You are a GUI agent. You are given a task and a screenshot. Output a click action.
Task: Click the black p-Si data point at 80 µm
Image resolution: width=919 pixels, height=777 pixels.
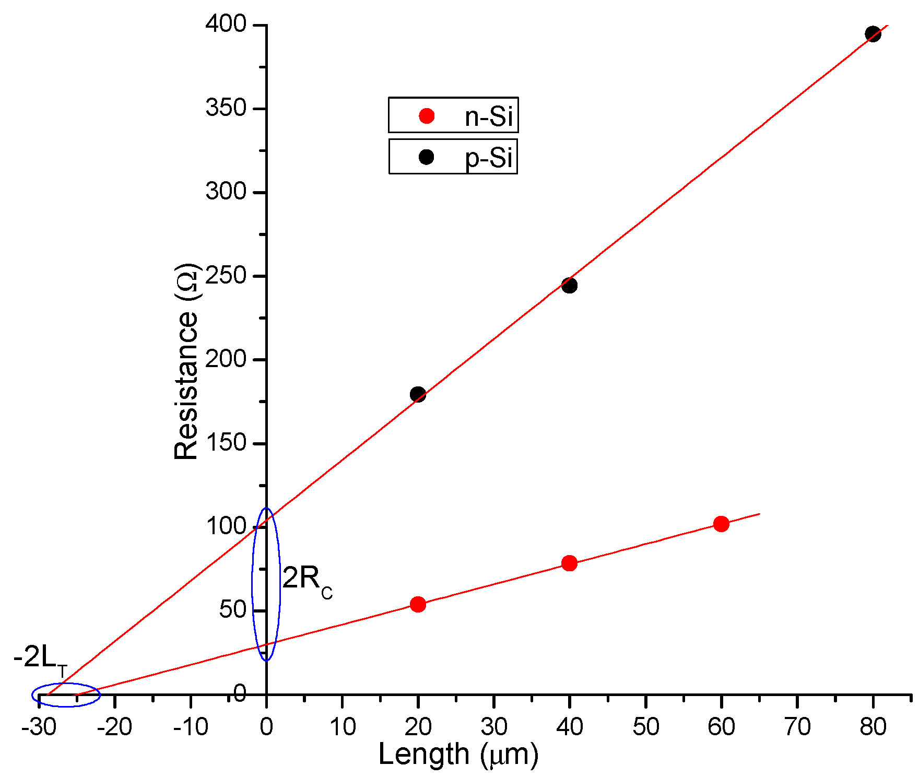(x=873, y=34)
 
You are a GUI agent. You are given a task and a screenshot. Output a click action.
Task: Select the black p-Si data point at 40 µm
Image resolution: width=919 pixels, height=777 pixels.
(x=569, y=286)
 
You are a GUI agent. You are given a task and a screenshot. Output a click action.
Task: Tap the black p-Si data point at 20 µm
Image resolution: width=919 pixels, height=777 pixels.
(x=418, y=394)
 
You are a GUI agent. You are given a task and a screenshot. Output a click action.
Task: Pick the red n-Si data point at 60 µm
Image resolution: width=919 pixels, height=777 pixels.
(x=721, y=524)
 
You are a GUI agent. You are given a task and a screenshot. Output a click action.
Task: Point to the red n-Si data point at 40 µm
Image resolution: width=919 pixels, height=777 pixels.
(x=569, y=563)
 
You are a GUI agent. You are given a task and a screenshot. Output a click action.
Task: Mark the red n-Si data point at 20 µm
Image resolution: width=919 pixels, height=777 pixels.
(x=418, y=604)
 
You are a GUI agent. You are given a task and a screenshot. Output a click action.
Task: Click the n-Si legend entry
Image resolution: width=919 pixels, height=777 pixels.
(x=453, y=115)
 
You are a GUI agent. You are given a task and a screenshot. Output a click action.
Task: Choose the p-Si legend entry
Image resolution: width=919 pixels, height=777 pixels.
(x=453, y=157)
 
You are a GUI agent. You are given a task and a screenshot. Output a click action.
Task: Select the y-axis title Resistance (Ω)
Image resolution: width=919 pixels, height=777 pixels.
(x=187, y=361)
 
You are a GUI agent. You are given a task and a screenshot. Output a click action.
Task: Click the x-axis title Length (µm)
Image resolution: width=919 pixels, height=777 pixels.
(x=458, y=755)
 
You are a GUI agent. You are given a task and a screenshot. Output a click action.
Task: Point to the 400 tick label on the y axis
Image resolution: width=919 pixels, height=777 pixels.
(x=226, y=24)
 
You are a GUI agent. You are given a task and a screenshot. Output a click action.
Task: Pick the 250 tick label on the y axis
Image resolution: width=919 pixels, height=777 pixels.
(x=226, y=275)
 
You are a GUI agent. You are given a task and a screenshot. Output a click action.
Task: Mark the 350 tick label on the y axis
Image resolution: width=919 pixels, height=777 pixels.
(x=226, y=108)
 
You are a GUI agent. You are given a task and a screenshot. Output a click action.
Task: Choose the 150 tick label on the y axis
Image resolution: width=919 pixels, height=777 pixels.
(x=226, y=443)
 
